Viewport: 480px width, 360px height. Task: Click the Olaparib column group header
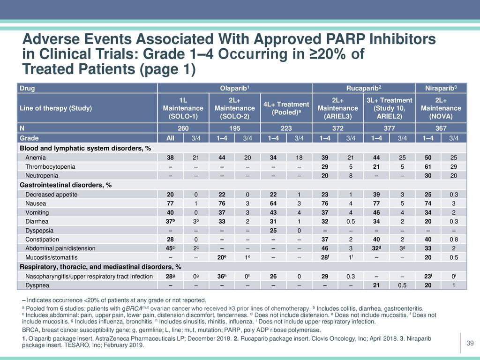click(x=234, y=88)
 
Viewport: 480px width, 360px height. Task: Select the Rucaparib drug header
click(x=364, y=88)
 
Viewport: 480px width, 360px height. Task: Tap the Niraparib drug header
click(x=441, y=88)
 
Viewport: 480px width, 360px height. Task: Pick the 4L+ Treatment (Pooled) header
click(x=286, y=108)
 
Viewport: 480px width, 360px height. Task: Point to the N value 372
click(x=337, y=128)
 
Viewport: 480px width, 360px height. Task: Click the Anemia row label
click(x=36, y=157)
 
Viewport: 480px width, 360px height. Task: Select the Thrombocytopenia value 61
click(x=428, y=167)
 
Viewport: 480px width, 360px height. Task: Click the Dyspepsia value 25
click(x=273, y=231)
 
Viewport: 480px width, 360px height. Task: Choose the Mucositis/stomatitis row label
click(x=52, y=257)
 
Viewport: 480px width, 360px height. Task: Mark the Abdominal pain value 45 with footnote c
click(x=171, y=248)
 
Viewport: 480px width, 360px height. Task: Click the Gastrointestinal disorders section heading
click(x=66, y=185)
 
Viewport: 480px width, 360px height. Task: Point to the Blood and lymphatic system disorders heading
click(x=85, y=149)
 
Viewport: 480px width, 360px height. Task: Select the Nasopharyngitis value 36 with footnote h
click(x=222, y=276)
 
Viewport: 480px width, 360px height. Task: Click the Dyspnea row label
click(x=37, y=285)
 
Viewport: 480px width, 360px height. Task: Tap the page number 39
click(x=470, y=343)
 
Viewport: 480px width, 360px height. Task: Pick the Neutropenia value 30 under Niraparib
click(x=428, y=176)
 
